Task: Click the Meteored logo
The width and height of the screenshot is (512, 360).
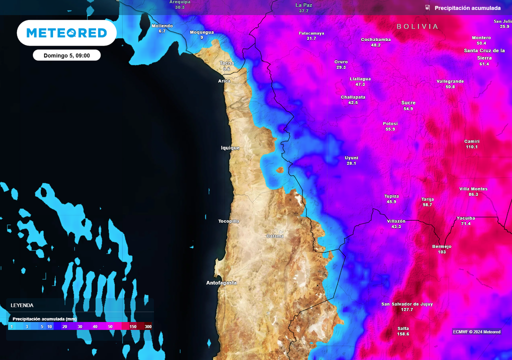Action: pyautogui.click(x=66, y=33)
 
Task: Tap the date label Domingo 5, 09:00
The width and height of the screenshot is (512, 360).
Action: pyautogui.click(x=66, y=55)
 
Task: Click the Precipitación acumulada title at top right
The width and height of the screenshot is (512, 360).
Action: pyautogui.click(x=467, y=8)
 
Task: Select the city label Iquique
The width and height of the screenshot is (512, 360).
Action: pyautogui.click(x=230, y=148)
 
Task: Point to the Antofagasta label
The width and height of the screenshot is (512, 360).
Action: pyautogui.click(x=221, y=283)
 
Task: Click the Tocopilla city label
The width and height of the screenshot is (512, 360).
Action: pyautogui.click(x=228, y=221)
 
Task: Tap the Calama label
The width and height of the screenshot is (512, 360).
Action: pyautogui.click(x=275, y=236)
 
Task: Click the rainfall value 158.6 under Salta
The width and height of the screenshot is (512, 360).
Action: pyautogui.click(x=403, y=334)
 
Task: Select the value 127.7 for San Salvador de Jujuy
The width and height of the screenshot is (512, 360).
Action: pyautogui.click(x=407, y=309)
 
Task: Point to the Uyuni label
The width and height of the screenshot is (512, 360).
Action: pyautogui.click(x=351, y=157)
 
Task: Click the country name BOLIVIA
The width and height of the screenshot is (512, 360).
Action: pyautogui.click(x=417, y=26)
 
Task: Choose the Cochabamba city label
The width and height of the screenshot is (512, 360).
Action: pyautogui.click(x=375, y=39)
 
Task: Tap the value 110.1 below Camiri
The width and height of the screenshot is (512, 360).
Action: pyautogui.click(x=471, y=147)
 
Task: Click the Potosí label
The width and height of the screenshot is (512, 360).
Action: pyautogui.click(x=390, y=123)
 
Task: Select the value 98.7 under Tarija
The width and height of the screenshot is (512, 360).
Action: pyautogui.click(x=427, y=204)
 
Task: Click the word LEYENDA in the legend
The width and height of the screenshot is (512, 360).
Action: pyautogui.click(x=22, y=305)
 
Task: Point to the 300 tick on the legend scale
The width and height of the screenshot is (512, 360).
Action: pyautogui.click(x=148, y=326)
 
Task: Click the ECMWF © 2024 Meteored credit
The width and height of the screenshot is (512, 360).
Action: pyautogui.click(x=476, y=332)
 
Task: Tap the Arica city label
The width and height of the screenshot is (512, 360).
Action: pyautogui.click(x=224, y=81)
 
